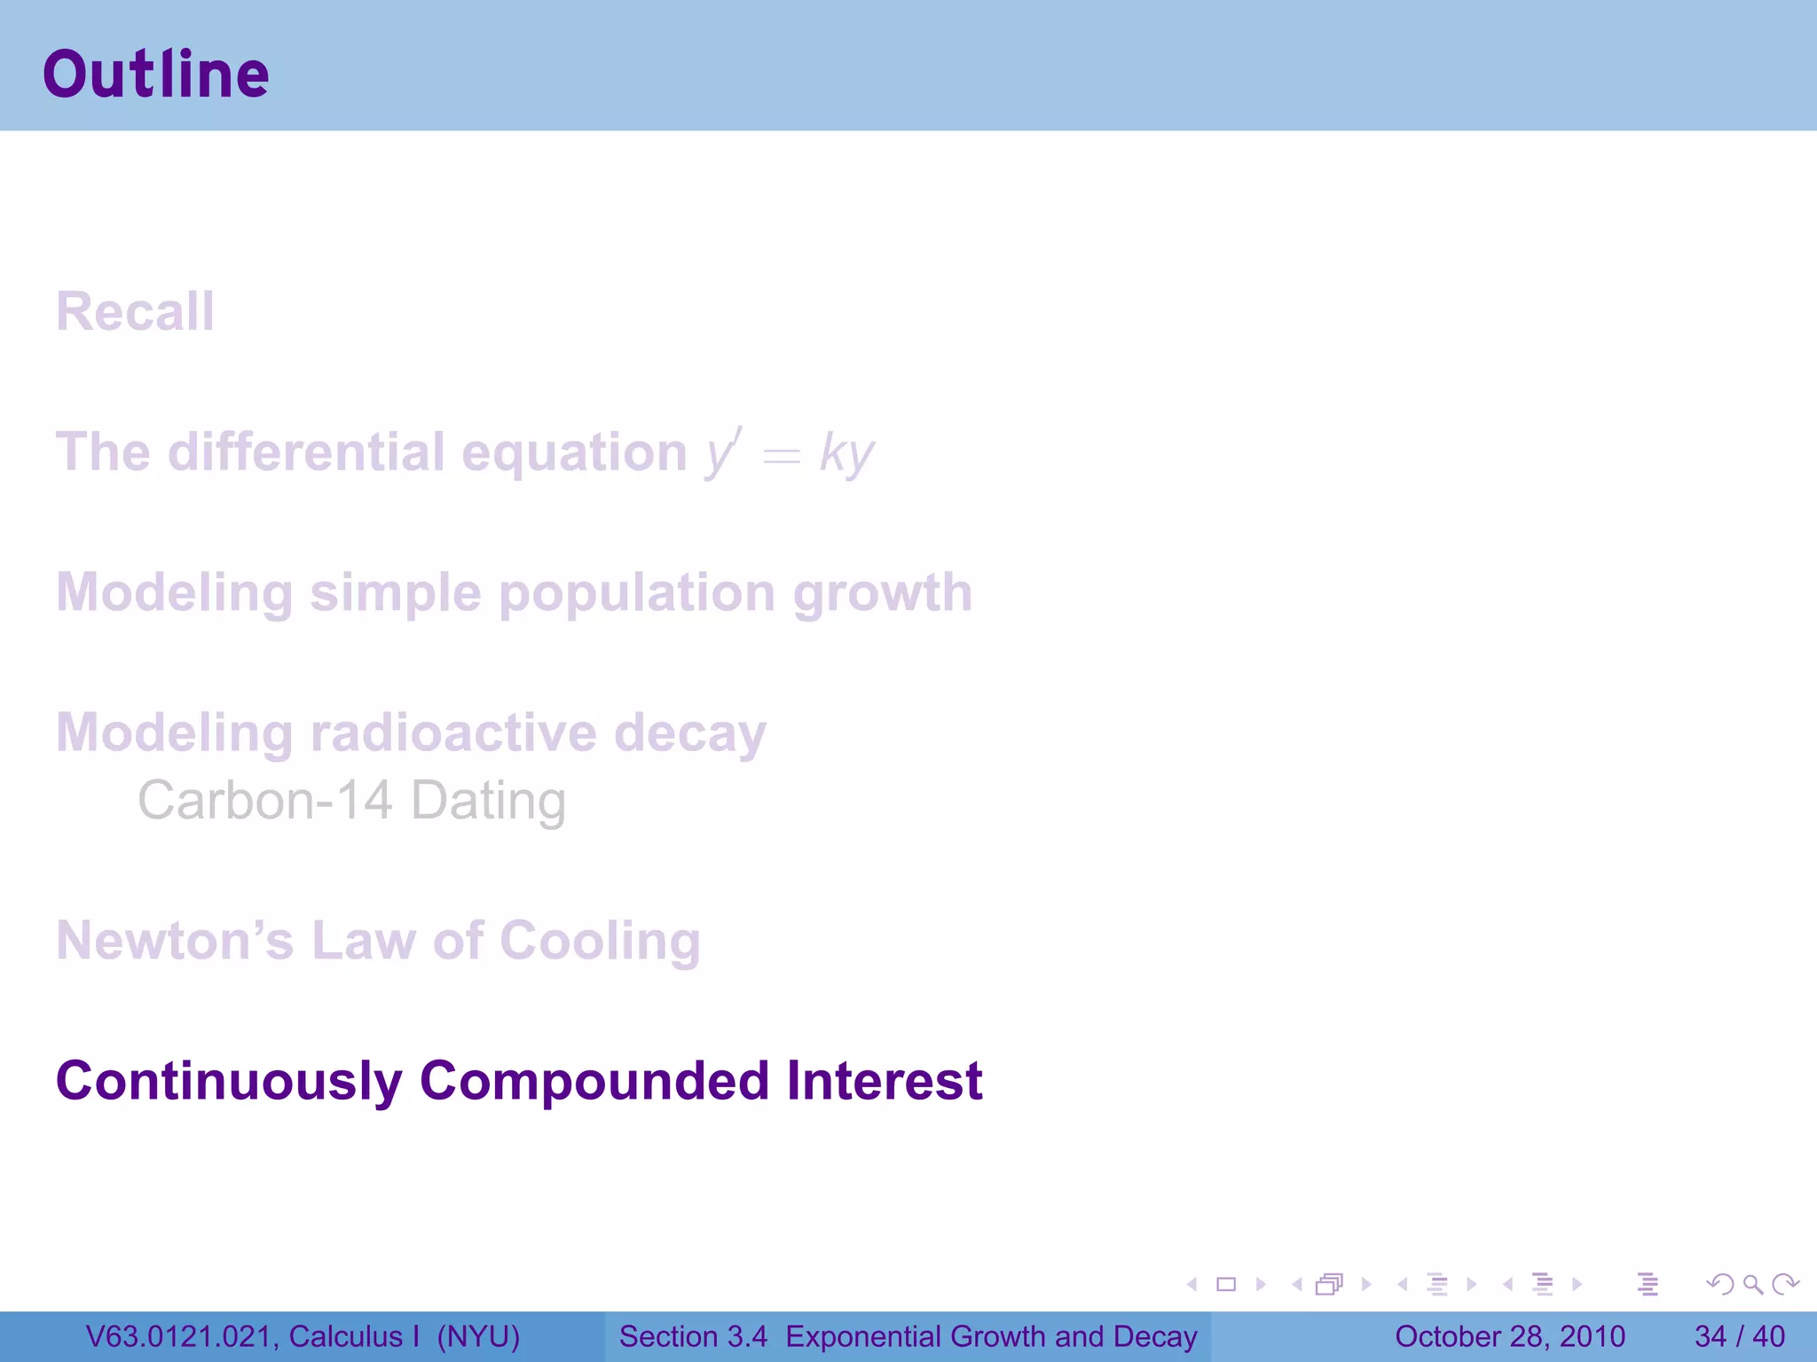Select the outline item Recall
click(x=136, y=311)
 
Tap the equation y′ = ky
click(x=790, y=453)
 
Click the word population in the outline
click(x=637, y=592)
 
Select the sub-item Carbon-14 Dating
click(x=351, y=800)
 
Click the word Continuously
click(x=229, y=1081)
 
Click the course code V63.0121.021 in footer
click(x=177, y=1336)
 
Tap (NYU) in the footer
click(x=478, y=1336)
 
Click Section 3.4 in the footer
click(x=693, y=1336)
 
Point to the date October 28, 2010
click(x=1509, y=1336)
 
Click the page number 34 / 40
click(x=1739, y=1336)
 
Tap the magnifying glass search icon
click(x=1752, y=1284)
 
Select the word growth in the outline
click(x=883, y=592)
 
